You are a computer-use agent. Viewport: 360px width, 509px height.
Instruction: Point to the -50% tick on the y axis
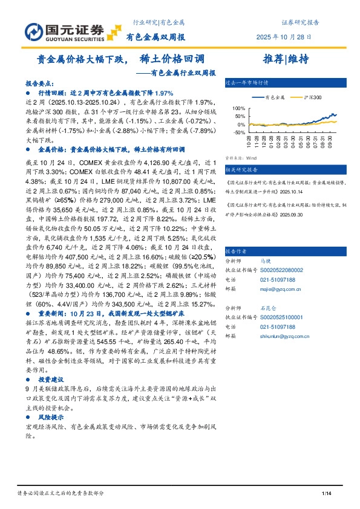point(238,132)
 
